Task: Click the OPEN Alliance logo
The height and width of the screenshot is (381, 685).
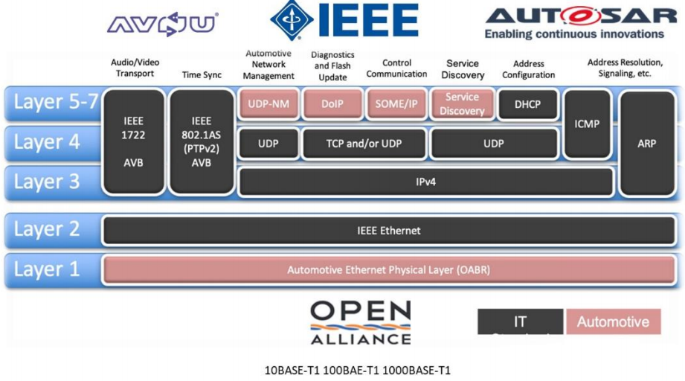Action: pos(360,322)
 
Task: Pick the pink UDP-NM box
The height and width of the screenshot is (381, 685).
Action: pos(268,104)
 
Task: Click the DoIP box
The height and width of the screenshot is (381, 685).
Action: pos(332,104)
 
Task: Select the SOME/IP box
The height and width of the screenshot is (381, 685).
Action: pos(396,104)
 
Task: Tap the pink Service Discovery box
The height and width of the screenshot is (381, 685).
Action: pos(462,104)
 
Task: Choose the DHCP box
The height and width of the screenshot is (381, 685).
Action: pos(527,104)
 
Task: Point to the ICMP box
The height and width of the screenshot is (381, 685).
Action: pos(587,124)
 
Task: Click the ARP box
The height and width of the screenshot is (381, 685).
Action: pos(646,143)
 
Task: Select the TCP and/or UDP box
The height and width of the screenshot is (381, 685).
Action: pos(364,144)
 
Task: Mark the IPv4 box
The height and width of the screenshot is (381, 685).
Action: pos(426,182)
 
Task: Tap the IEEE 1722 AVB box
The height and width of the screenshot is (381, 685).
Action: pos(134,142)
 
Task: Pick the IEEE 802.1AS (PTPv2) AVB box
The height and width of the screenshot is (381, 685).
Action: pos(201,142)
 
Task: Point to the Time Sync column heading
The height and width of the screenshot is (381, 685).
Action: pos(202,75)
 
